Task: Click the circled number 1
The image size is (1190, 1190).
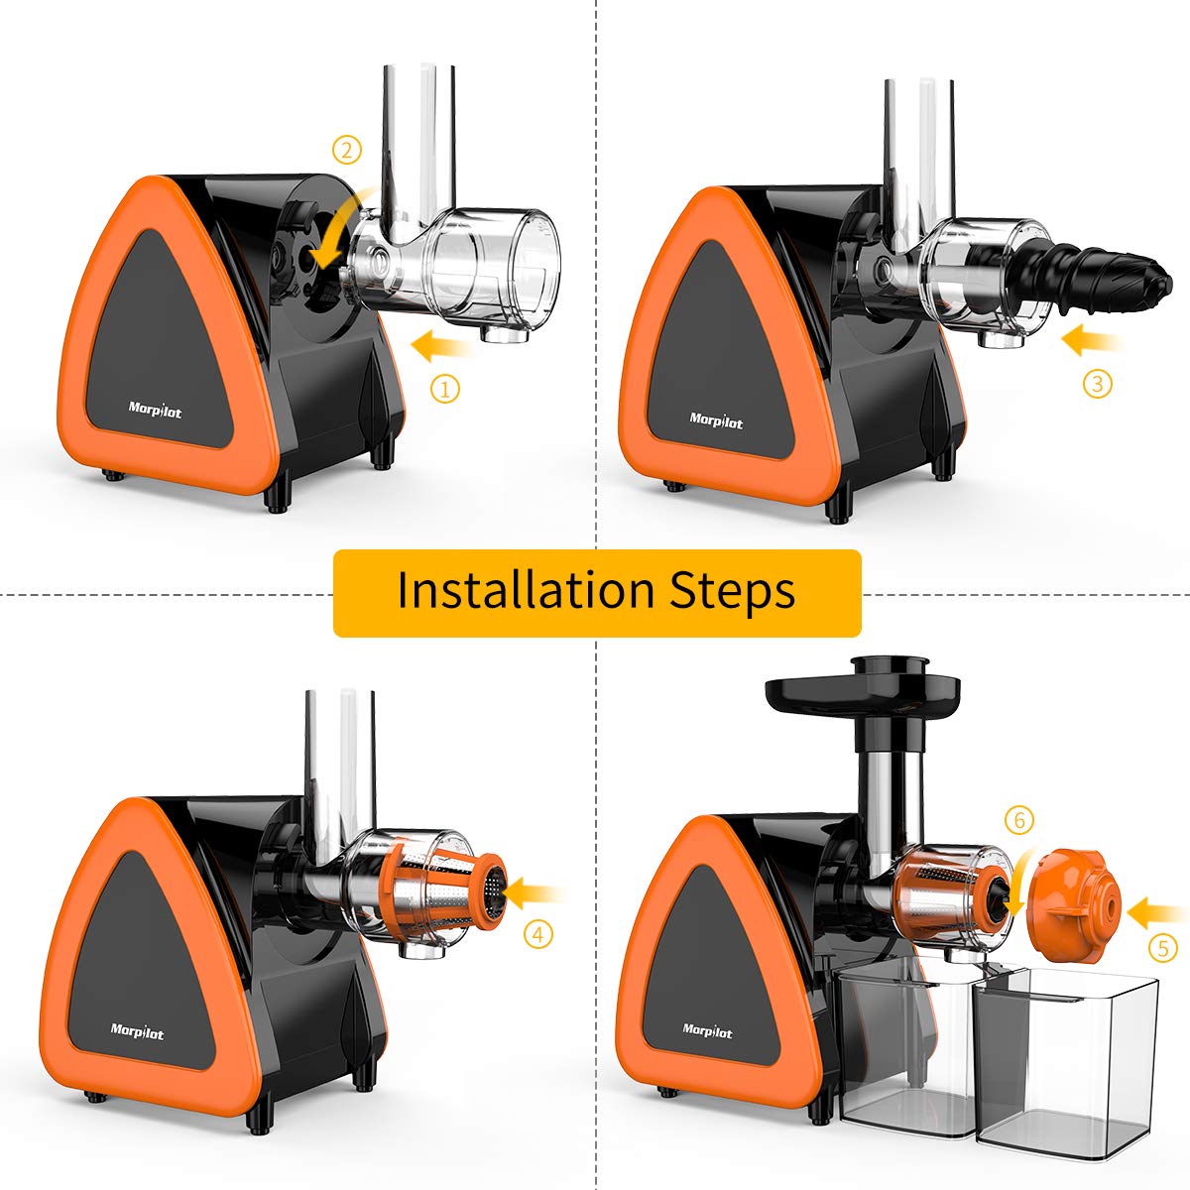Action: tap(445, 390)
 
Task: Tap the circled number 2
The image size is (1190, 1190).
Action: tap(346, 151)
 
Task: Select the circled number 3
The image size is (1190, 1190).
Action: tap(1097, 384)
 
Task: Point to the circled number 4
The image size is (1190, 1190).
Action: tap(538, 933)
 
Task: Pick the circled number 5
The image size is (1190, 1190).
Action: tap(1163, 948)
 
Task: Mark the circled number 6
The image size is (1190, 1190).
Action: tap(1018, 820)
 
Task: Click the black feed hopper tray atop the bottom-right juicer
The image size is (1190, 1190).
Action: tap(863, 686)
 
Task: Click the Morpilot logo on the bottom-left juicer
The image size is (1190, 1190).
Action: tap(138, 1032)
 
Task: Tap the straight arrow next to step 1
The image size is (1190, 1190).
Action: tap(441, 346)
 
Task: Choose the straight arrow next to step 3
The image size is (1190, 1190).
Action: tap(1091, 341)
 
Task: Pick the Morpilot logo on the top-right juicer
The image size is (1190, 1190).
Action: tap(716, 420)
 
